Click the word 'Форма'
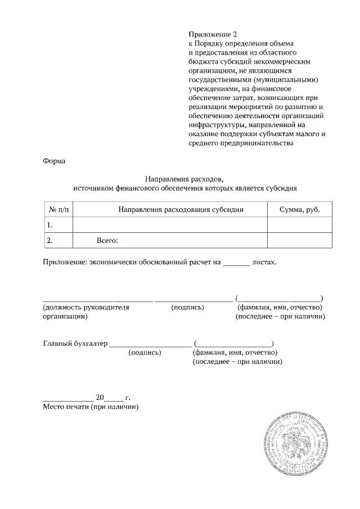(x=54, y=161)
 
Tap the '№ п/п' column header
(x=58, y=209)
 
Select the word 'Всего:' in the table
(x=107, y=241)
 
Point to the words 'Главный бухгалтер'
(x=75, y=344)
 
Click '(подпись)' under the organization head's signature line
(x=187, y=308)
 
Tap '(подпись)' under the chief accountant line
(x=145, y=353)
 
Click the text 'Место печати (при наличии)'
(x=91, y=406)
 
